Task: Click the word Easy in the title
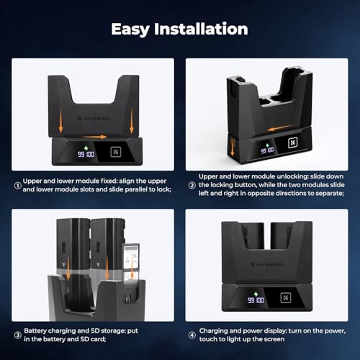pos(130,30)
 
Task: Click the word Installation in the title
pos(201,29)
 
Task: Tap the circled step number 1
pos(17,186)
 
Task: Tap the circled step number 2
pos(192,185)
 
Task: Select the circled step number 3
pos(18,335)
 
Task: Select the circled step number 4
pos(192,335)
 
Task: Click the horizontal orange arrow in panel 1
pos(94,137)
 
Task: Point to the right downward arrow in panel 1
pos(132,120)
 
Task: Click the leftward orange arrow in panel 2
pos(279,128)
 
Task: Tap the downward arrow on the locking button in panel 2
pos(232,147)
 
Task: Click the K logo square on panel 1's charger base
pos(116,152)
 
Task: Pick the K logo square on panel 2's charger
pos(293,143)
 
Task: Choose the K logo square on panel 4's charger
pos(286,298)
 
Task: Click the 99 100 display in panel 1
pos(86,154)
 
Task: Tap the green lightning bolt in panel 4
pos(256,294)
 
